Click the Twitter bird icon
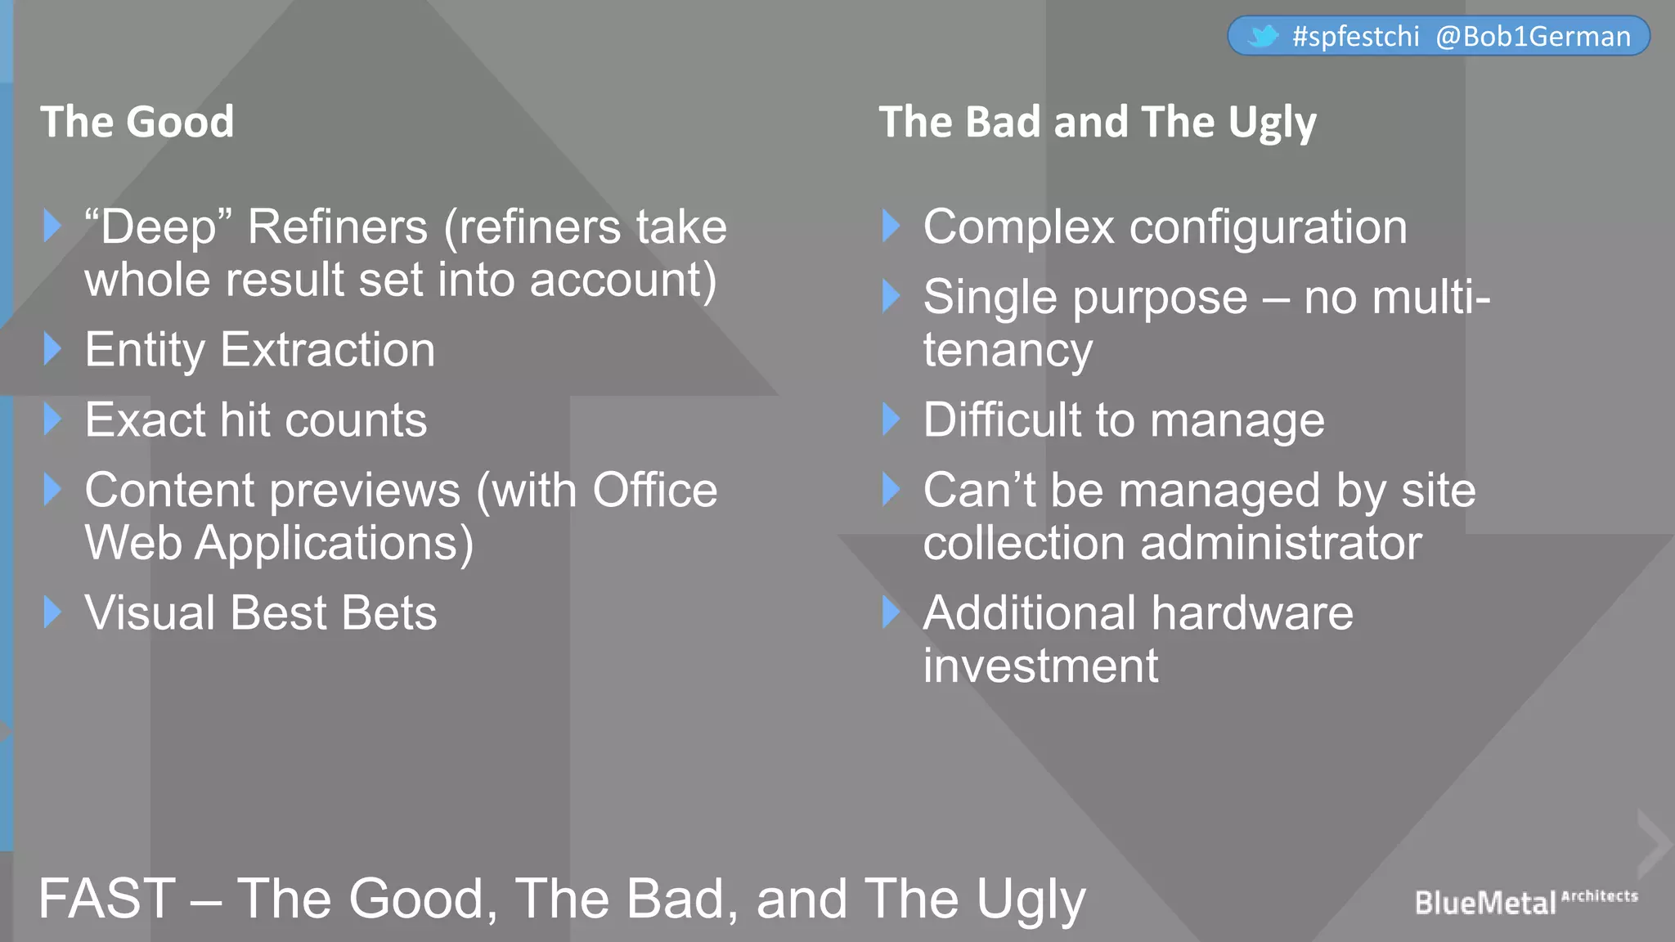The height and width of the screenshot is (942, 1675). [x=1263, y=36]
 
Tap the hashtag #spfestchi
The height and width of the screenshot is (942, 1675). [x=1356, y=37]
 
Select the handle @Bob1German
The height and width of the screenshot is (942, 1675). [x=1534, y=37]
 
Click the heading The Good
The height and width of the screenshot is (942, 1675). [x=137, y=122]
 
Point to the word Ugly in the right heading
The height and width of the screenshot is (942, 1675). [x=1273, y=123]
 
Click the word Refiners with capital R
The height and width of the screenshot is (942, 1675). [x=337, y=227]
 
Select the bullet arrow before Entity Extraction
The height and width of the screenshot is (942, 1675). [x=53, y=349]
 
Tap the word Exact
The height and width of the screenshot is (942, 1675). [x=146, y=420]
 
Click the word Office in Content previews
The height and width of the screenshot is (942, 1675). [x=654, y=491]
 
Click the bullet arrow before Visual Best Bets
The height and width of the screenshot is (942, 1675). [x=53, y=612]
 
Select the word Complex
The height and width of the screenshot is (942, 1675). [x=1019, y=227]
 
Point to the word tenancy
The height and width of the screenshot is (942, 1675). [x=1008, y=351]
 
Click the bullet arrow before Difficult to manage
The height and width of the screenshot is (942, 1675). [x=891, y=419]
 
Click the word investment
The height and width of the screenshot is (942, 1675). [x=1040, y=666]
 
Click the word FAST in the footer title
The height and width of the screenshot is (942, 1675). [x=107, y=899]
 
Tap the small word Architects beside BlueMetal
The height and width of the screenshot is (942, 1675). [x=1600, y=896]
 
